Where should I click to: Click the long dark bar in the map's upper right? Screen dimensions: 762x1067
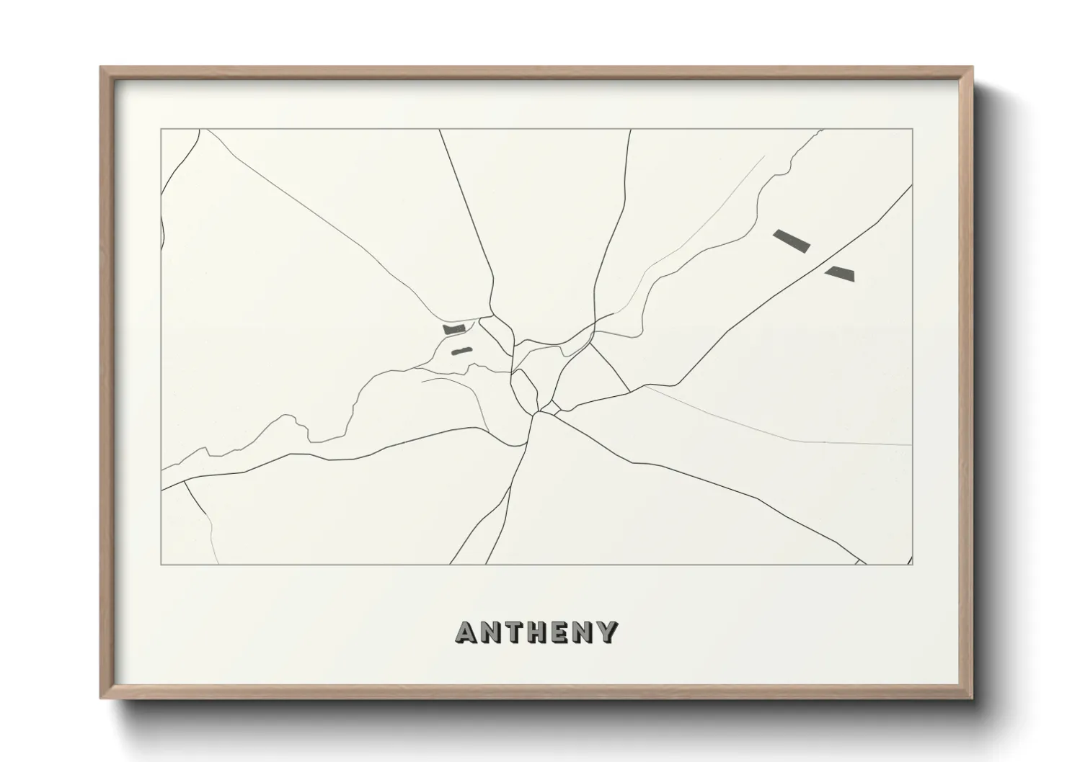coord(791,241)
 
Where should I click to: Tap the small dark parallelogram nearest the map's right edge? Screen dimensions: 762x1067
coord(840,273)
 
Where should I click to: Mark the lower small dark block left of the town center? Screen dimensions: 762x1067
coord(461,351)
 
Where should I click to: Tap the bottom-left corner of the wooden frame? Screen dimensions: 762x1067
coord(102,699)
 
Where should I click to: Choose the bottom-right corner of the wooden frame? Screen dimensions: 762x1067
coord(973,699)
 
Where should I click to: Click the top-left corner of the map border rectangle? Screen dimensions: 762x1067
coord(161,130)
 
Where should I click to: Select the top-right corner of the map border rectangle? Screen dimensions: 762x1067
coord(913,130)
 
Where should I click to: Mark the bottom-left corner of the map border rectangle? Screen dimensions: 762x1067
coord(161,564)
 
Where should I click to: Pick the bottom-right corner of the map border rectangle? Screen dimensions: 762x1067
coord(913,564)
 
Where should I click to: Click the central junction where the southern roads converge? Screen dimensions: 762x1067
coord(537,413)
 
